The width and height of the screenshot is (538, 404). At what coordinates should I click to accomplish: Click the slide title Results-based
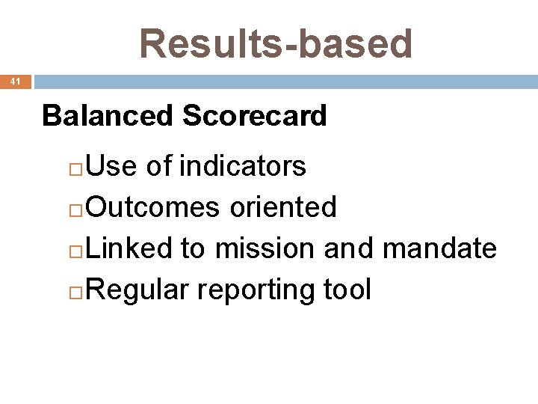pos(276,43)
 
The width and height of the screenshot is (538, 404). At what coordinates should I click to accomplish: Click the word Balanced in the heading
pos(107,116)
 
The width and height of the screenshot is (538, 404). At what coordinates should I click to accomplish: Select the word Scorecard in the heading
pos(254,116)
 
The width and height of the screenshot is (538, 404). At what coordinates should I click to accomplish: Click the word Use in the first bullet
pos(111,165)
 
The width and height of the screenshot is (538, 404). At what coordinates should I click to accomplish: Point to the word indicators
pos(244,165)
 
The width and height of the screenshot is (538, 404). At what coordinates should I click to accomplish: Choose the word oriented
pos(283,206)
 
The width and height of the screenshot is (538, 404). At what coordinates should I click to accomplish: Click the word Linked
pos(129,248)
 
